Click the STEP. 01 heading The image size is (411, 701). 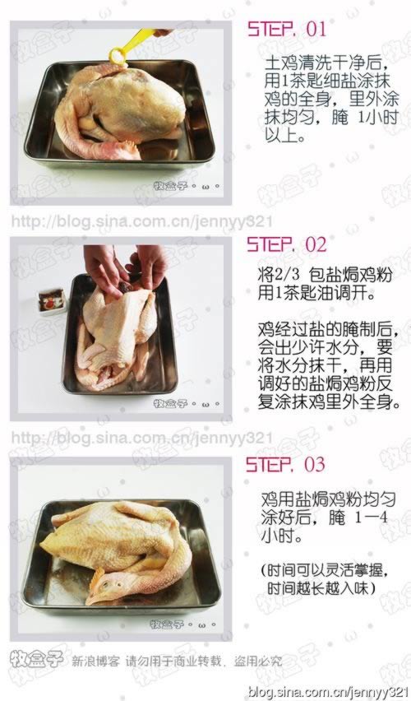point(287,29)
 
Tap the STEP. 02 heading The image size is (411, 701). point(287,244)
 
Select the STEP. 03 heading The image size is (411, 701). point(287,464)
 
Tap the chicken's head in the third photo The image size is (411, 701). point(103,586)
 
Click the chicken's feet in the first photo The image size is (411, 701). point(123,149)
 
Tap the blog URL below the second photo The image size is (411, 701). point(141,437)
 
